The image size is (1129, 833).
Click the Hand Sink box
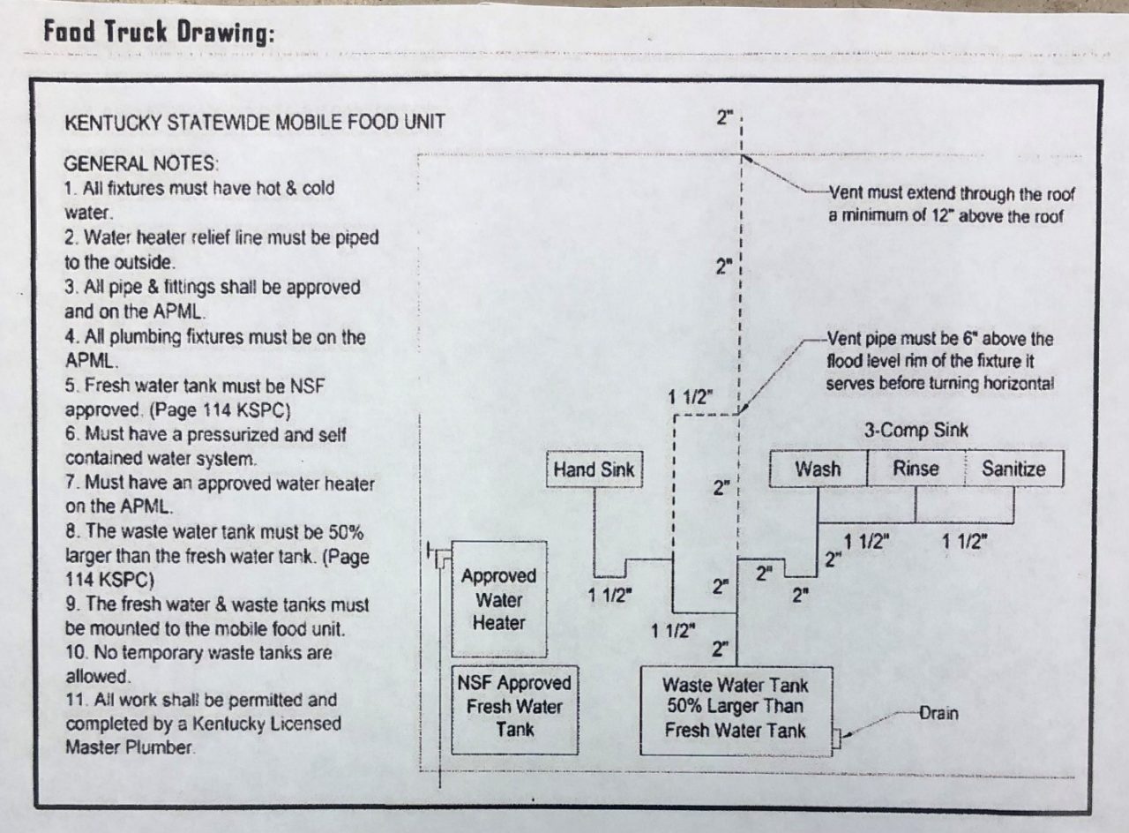593,469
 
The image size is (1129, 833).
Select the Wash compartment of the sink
818,469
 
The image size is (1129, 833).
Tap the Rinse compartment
916,469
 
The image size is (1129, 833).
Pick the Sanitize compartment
1013,469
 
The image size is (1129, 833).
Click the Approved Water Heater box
498,599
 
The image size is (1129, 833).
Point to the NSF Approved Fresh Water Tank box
514,707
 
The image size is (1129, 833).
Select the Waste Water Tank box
735,707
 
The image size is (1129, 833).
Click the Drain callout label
938,713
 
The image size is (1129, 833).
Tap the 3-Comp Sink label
916,431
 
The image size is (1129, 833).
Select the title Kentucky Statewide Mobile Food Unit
254,121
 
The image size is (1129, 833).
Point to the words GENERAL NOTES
142,164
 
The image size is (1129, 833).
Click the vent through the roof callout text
952,205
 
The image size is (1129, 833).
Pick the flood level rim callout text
940,362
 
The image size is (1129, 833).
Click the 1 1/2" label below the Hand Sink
611,596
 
